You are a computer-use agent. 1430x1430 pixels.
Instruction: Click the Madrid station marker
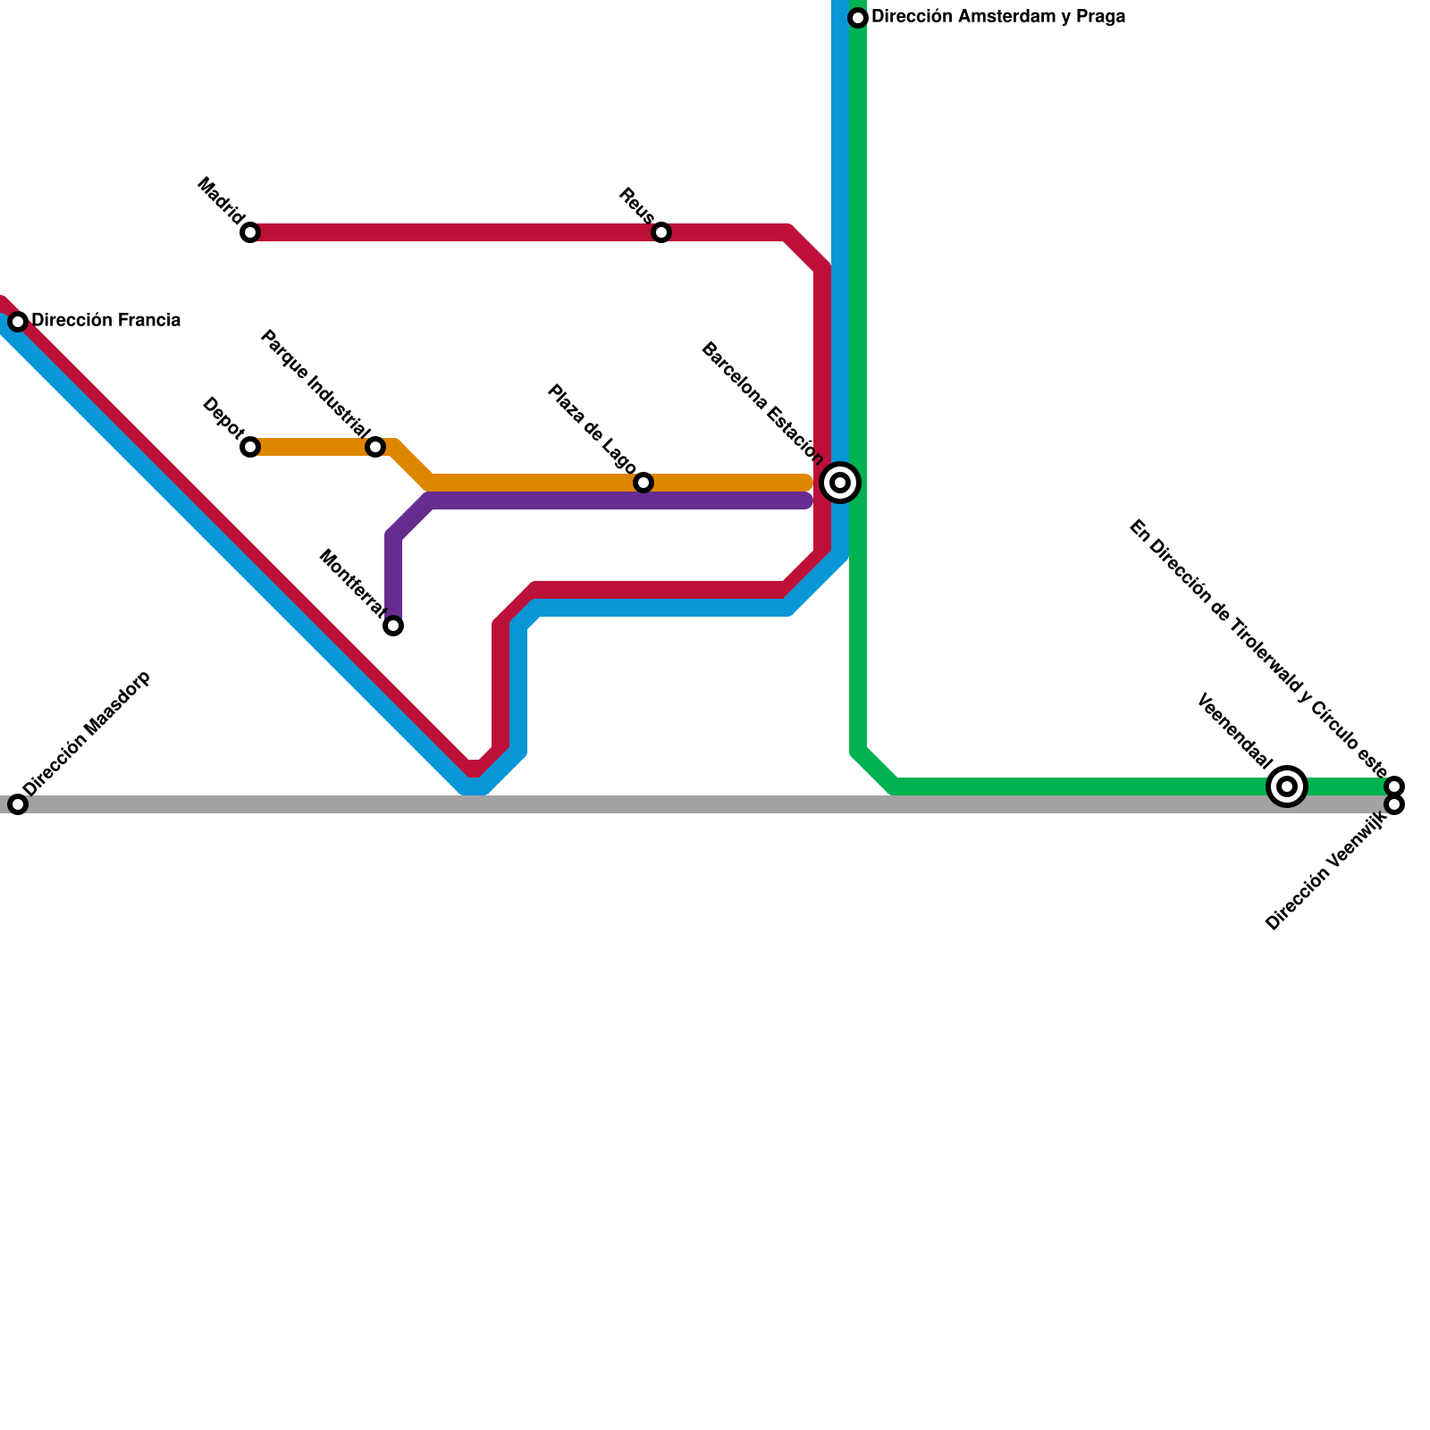point(250,232)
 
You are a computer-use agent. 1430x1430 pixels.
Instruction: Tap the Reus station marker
point(661,232)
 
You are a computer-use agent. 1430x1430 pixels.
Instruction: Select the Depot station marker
point(250,447)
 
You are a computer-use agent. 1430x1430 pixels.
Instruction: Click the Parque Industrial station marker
point(375,447)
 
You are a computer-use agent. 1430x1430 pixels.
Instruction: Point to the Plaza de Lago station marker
point(643,483)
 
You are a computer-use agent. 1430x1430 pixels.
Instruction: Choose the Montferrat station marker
point(393,626)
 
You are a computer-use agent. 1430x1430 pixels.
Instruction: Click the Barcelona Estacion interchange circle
point(840,483)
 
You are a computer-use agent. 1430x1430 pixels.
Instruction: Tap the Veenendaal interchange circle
point(1287,786)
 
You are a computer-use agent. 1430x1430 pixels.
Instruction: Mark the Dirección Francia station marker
point(18,322)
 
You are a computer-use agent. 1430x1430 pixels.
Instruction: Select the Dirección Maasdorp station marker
point(18,804)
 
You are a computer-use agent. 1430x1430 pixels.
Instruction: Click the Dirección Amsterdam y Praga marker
point(858,18)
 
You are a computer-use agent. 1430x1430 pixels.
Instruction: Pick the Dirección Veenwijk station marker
point(1394,805)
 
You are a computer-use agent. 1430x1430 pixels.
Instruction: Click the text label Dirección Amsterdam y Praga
point(997,17)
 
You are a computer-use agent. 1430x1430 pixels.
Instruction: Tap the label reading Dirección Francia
point(105,320)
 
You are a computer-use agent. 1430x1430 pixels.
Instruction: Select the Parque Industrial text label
point(315,386)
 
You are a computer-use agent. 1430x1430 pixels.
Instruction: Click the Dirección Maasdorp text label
point(88,733)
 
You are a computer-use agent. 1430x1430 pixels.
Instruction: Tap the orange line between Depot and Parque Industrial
point(313,447)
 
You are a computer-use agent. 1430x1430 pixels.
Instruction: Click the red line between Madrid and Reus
point(456,232)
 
